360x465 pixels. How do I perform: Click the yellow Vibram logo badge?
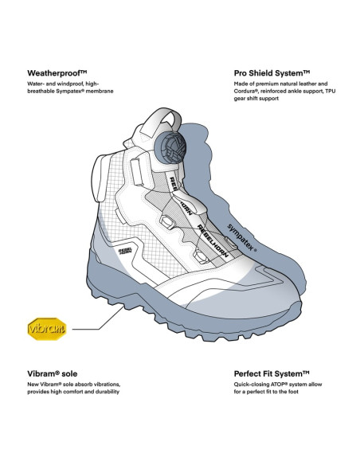[47, 329]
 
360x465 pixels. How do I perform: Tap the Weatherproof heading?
[57, 73]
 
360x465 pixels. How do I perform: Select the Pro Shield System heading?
[272, 73]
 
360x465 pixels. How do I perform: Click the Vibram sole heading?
[53, 373]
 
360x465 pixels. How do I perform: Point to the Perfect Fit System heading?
[272, 373]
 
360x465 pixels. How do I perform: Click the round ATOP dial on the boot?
[170, 147]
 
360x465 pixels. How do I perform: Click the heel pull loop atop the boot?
[162, 121]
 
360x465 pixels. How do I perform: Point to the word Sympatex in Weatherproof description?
[70, 92]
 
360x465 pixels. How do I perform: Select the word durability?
[108, 392]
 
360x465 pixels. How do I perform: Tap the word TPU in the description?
[330, 91]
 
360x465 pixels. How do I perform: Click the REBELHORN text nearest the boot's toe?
[213, 241]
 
